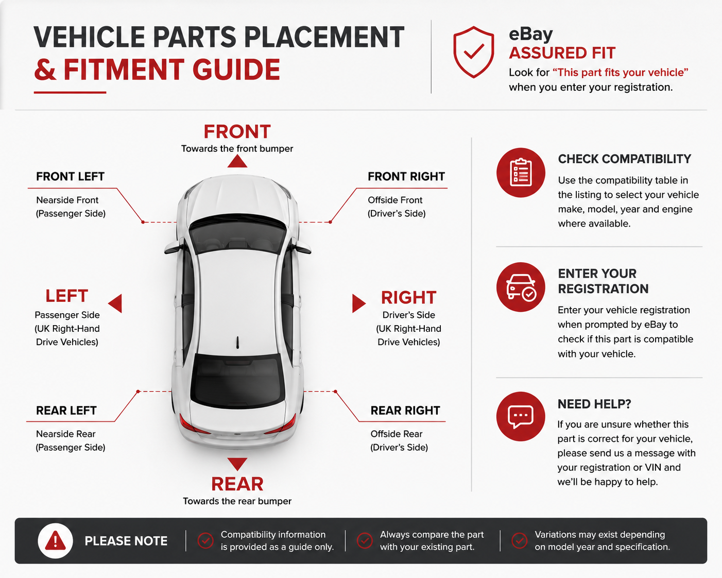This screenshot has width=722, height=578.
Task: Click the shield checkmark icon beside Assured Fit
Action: click(x=473, y=52)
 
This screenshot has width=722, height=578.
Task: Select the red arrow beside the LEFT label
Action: click(x=115, y=303)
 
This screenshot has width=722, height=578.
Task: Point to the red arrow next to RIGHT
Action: click(x=358, y=303)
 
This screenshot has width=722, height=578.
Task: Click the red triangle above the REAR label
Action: click(x=237, y=464)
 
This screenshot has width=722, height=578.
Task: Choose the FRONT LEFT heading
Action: click(x=70, y=177)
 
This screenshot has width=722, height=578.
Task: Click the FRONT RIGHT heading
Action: click(x=406, y=177)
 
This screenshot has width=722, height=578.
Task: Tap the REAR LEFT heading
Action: click(x=66, y=411)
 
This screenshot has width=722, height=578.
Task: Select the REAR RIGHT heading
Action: click(x=405, y=411)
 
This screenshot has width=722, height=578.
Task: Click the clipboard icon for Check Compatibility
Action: click(x=521, y=173)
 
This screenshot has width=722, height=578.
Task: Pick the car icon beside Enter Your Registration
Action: click(x=521, y=287)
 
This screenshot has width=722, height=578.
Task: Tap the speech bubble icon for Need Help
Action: click(x=521, y=417)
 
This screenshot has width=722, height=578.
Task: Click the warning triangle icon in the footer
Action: click(x=55, y=541)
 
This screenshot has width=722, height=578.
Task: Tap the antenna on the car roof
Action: click(x=237, y=342)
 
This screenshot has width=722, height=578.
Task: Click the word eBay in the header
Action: click(x=531, y=34)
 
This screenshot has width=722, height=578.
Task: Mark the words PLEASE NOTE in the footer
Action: click(x=126, y=541)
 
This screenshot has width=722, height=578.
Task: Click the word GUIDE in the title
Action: click(x=236, y=70)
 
